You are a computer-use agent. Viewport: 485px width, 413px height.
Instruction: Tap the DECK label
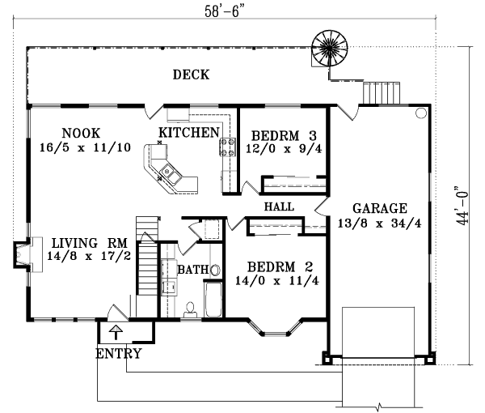tap(191, 75)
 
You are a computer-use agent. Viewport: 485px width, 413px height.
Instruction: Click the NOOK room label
tap(81, 133)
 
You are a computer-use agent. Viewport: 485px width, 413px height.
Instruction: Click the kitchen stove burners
tap(223, 147)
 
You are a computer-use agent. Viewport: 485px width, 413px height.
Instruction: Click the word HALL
tap(279, 207)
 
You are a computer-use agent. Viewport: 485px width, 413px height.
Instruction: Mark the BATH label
tap(193, 269)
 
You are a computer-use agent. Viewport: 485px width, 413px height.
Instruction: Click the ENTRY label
tap(119, 354)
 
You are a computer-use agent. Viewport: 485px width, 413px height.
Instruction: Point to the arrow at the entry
tap(115, 330)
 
